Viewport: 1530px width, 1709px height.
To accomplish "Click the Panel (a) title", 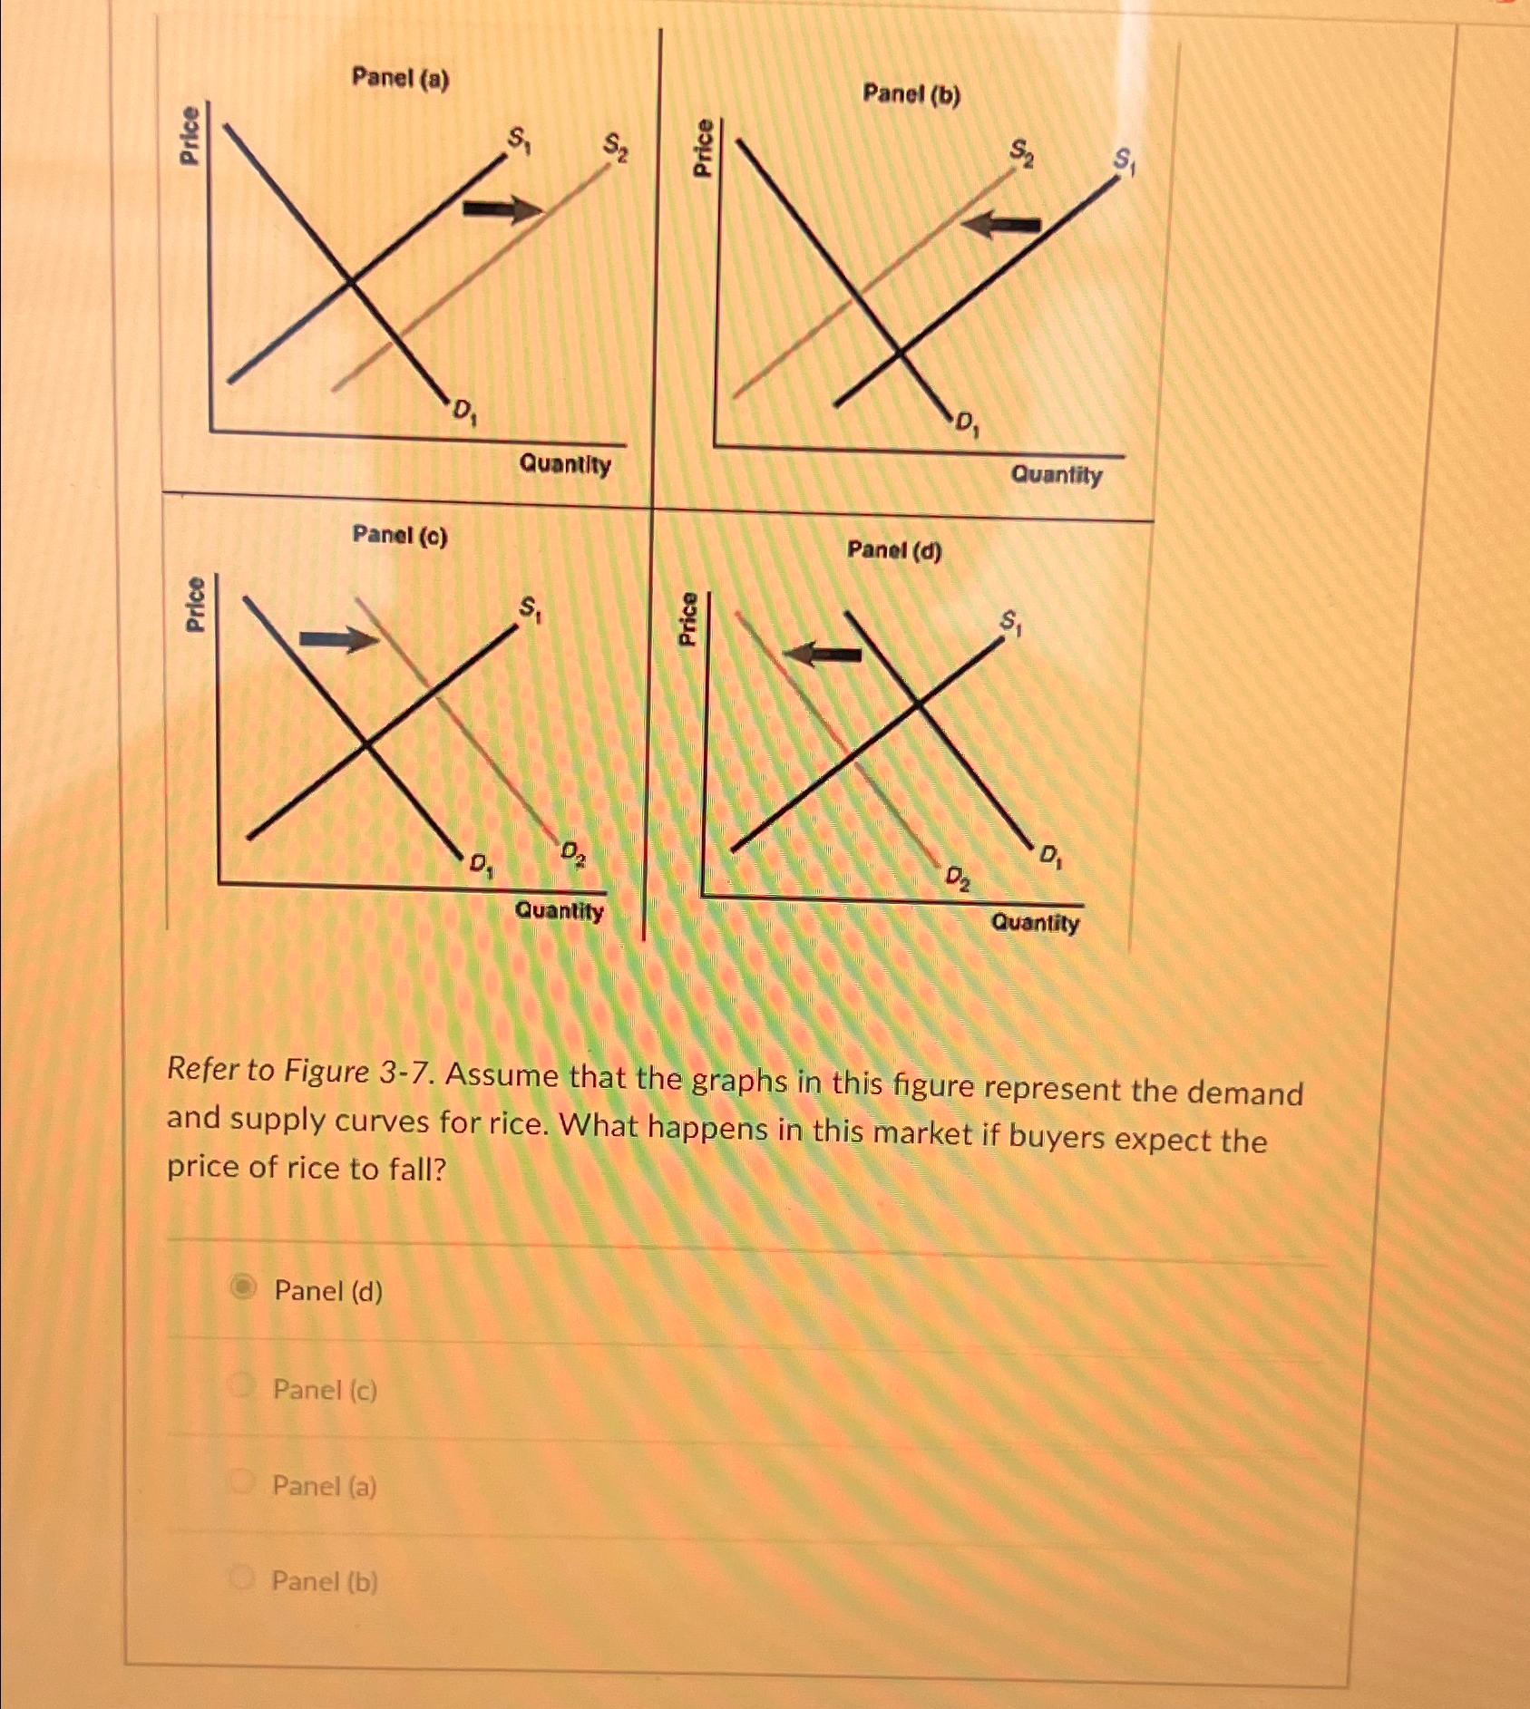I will pos(400,79).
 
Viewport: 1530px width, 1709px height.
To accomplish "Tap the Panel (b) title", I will pos(911,94).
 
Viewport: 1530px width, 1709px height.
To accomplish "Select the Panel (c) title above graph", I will pos(399,536).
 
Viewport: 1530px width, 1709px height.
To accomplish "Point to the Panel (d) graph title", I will pos(894,550).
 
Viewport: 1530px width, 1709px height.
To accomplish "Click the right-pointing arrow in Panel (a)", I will pos(502,209).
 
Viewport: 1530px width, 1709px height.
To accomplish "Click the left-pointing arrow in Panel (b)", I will pos(1001,223).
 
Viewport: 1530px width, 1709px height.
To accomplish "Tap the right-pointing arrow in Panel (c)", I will pos(338,640).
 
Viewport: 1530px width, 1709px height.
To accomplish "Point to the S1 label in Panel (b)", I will pos(1124,161).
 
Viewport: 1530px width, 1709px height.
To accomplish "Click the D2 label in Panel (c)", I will pos(572,851).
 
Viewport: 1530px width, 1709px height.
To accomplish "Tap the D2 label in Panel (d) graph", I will pos(957,878).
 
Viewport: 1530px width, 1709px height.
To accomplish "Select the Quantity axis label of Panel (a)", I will pos(564,465).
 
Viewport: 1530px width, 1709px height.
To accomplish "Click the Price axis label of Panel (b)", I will pos(703,147).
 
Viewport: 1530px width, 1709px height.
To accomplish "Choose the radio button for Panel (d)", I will pos(243,1287).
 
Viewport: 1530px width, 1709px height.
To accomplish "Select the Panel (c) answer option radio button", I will pos(241,1385).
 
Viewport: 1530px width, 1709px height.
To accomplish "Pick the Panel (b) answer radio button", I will pos(241,1578).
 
